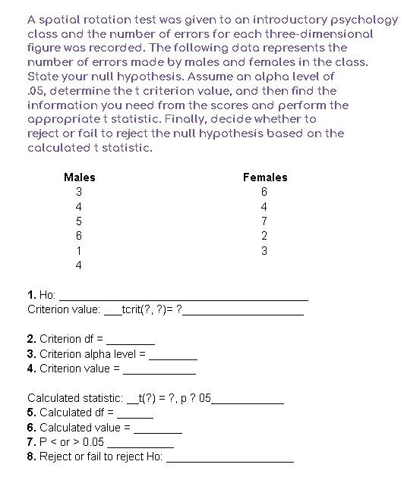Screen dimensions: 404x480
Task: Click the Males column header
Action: pyautogui.click(x=80, y=177)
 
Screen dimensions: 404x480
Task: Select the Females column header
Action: pyautogui.click(x=265, y=177)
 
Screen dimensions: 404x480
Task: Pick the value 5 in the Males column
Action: pyautogui.click(x=79, y=221)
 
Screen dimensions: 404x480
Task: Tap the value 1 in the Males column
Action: pyautogui.click(x=79, y=251)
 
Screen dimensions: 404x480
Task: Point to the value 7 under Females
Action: pyautogui.click(x=264, y=221)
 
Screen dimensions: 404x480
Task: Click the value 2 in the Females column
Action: pyautogui.click(x=264, y=236)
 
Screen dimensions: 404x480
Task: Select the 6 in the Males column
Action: pyautogui.click(x=79, y=236)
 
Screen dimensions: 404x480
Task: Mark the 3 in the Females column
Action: pyautogui.click(x=264, y=251)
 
